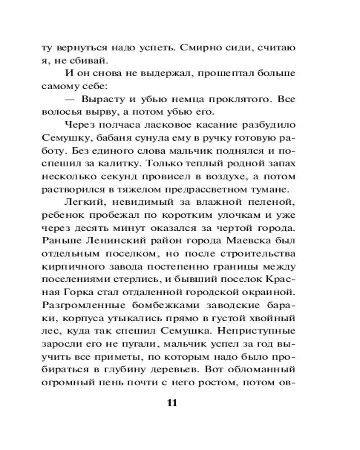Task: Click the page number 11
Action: (x=172, y=402)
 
